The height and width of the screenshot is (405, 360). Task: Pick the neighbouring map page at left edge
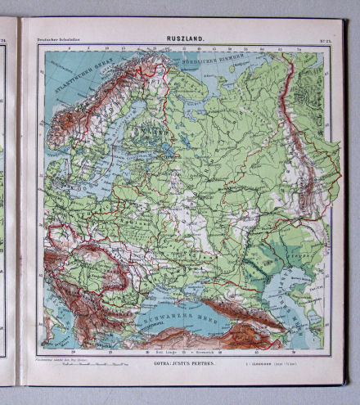(x=8, y=205)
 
